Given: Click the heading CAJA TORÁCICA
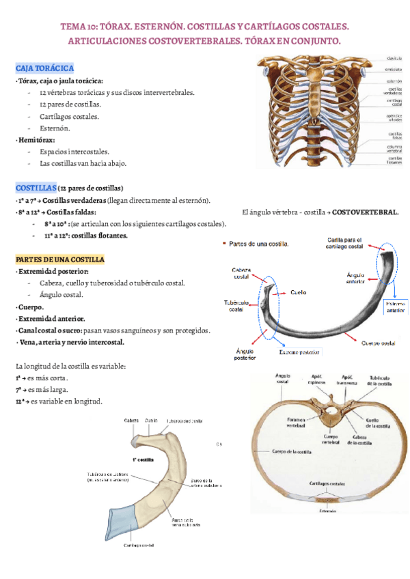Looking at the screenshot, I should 44,68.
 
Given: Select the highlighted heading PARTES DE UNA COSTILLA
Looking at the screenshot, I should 59,260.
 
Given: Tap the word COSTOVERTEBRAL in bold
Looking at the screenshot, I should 366,212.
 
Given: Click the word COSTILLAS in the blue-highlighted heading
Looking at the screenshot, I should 36,188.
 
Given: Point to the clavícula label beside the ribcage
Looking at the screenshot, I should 394,59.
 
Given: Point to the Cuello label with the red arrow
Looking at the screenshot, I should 297,292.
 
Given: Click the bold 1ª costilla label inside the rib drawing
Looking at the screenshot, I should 146,460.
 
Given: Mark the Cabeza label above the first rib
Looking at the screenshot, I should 131,421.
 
